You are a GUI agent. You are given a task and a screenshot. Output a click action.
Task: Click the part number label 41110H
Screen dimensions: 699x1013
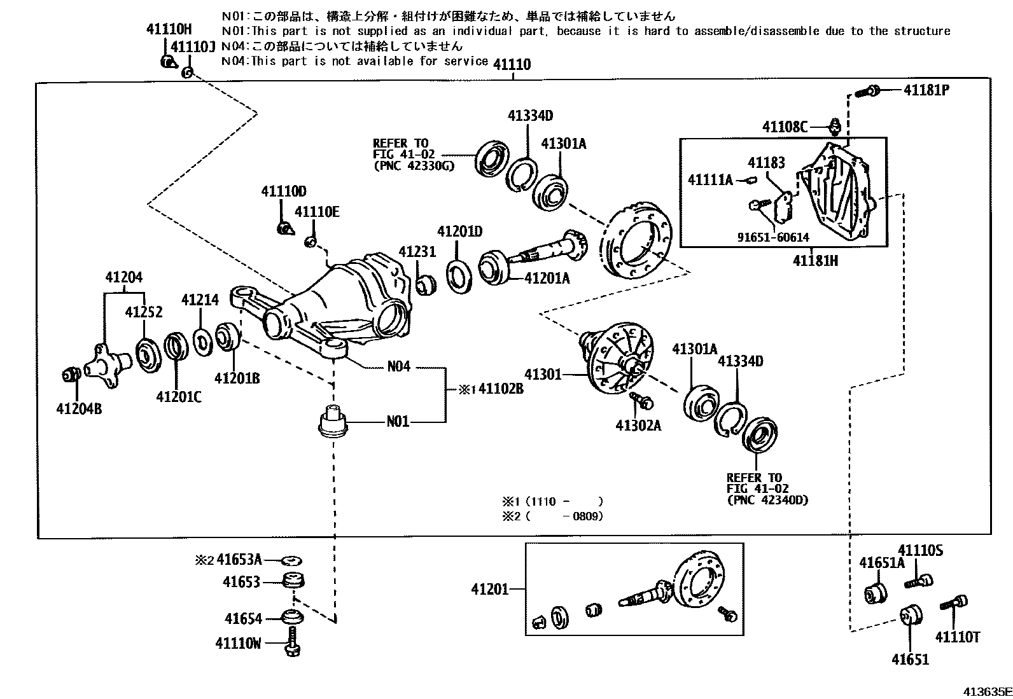pyautogui.click(x=169, y=29)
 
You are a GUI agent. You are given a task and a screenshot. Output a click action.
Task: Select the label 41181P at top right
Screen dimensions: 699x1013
pyautogui.click(x=926, y=90)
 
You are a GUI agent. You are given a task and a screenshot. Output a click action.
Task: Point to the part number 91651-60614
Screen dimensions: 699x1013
pyautogui.click(x=773, y=237)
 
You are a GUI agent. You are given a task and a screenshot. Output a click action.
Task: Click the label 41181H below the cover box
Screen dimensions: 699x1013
pyautogui.click(x=815, y=261)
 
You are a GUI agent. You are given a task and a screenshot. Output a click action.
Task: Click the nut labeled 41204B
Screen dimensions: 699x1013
pyautogui.click(x=70, y=375)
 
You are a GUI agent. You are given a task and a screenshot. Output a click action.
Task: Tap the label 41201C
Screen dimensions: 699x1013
pyautogui.click(x=179, y=397)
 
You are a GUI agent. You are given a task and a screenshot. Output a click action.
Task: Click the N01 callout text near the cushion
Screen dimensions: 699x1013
pyautogui.click(x=398, y=422)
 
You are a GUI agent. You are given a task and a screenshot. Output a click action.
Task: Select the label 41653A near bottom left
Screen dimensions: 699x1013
pyautogui.click(x=239, y=560)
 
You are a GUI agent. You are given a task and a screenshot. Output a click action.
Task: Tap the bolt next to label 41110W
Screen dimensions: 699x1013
pyautogui.click(x=293, y=642)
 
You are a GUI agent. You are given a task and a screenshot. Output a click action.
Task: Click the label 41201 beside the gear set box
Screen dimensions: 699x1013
pyautogui.click(x=489, y=590)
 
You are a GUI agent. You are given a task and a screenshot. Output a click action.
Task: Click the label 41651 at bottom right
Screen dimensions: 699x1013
pyautogui.click(x=910, y=659)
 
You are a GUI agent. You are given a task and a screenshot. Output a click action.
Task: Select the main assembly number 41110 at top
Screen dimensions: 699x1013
pyautogui.click(x=512, y=64)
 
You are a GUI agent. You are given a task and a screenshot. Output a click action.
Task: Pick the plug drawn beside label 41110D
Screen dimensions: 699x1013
pyautogui.click(x=284, y=227)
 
